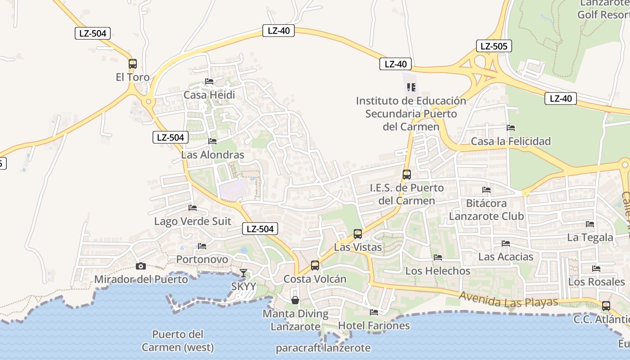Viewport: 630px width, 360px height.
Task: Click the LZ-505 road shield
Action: click(x=494, y=46)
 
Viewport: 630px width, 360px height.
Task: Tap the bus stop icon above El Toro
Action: click(x=132, y=64)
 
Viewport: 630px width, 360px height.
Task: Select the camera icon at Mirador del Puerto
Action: click(x=141, y=266)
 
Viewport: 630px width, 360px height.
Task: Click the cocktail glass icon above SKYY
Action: click(x=243, y=273)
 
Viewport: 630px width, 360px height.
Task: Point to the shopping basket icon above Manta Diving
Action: click(x=295, y=300)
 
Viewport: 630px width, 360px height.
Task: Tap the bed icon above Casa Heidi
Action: click(x=209, y=81)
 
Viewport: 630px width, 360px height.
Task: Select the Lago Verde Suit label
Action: click(x=193, y=221)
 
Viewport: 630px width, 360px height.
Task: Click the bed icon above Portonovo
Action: click(x=202, y=246)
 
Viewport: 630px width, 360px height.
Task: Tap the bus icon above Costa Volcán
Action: click(x=315, y=265)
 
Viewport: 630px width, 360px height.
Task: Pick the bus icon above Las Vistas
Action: click(x=358, y=234)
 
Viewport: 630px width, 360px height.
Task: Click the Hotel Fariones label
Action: click(x=374, y=325)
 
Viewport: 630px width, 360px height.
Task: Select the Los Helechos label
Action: click(x=438, y=271)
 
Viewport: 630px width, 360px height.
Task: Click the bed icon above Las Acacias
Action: click(x=506, y=243)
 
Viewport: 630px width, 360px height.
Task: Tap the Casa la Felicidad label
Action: click(x=511, y=141)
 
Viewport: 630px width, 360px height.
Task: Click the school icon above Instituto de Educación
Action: click(x=411, y=87)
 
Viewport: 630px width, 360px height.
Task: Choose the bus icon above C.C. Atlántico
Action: click(x=606, y=306)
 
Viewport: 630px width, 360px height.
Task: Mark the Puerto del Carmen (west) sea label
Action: click(x=177, y=341)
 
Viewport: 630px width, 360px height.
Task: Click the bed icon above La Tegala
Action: click(x=590, y=224)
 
